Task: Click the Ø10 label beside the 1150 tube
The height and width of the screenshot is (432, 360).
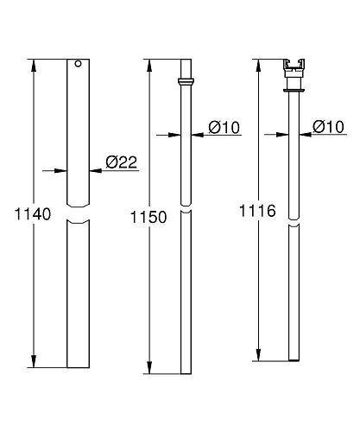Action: pyautogui.click(x=224, y=127)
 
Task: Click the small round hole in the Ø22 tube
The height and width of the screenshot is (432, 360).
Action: pyautogui.click(x=78, y=63)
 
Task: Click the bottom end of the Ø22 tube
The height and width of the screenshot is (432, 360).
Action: pyautogui.click(x=79, y=366)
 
